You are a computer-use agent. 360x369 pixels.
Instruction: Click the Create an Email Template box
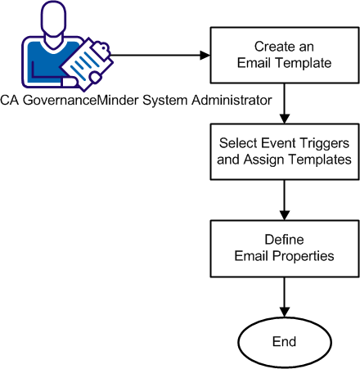(x=282, y=56)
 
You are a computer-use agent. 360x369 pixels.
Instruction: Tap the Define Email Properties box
(x=282, y=248)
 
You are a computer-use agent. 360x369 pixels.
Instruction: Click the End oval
(x=282, y=340)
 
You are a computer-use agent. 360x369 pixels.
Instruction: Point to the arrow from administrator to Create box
(x=155, y=56)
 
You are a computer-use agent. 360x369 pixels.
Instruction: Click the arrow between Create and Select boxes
(x=282, y=102)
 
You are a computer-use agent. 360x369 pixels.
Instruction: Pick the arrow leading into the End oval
(x=282, y=296)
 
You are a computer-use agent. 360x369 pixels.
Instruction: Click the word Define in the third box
(x=282, y=240)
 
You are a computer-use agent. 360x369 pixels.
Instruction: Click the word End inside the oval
(x=282, y=340)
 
